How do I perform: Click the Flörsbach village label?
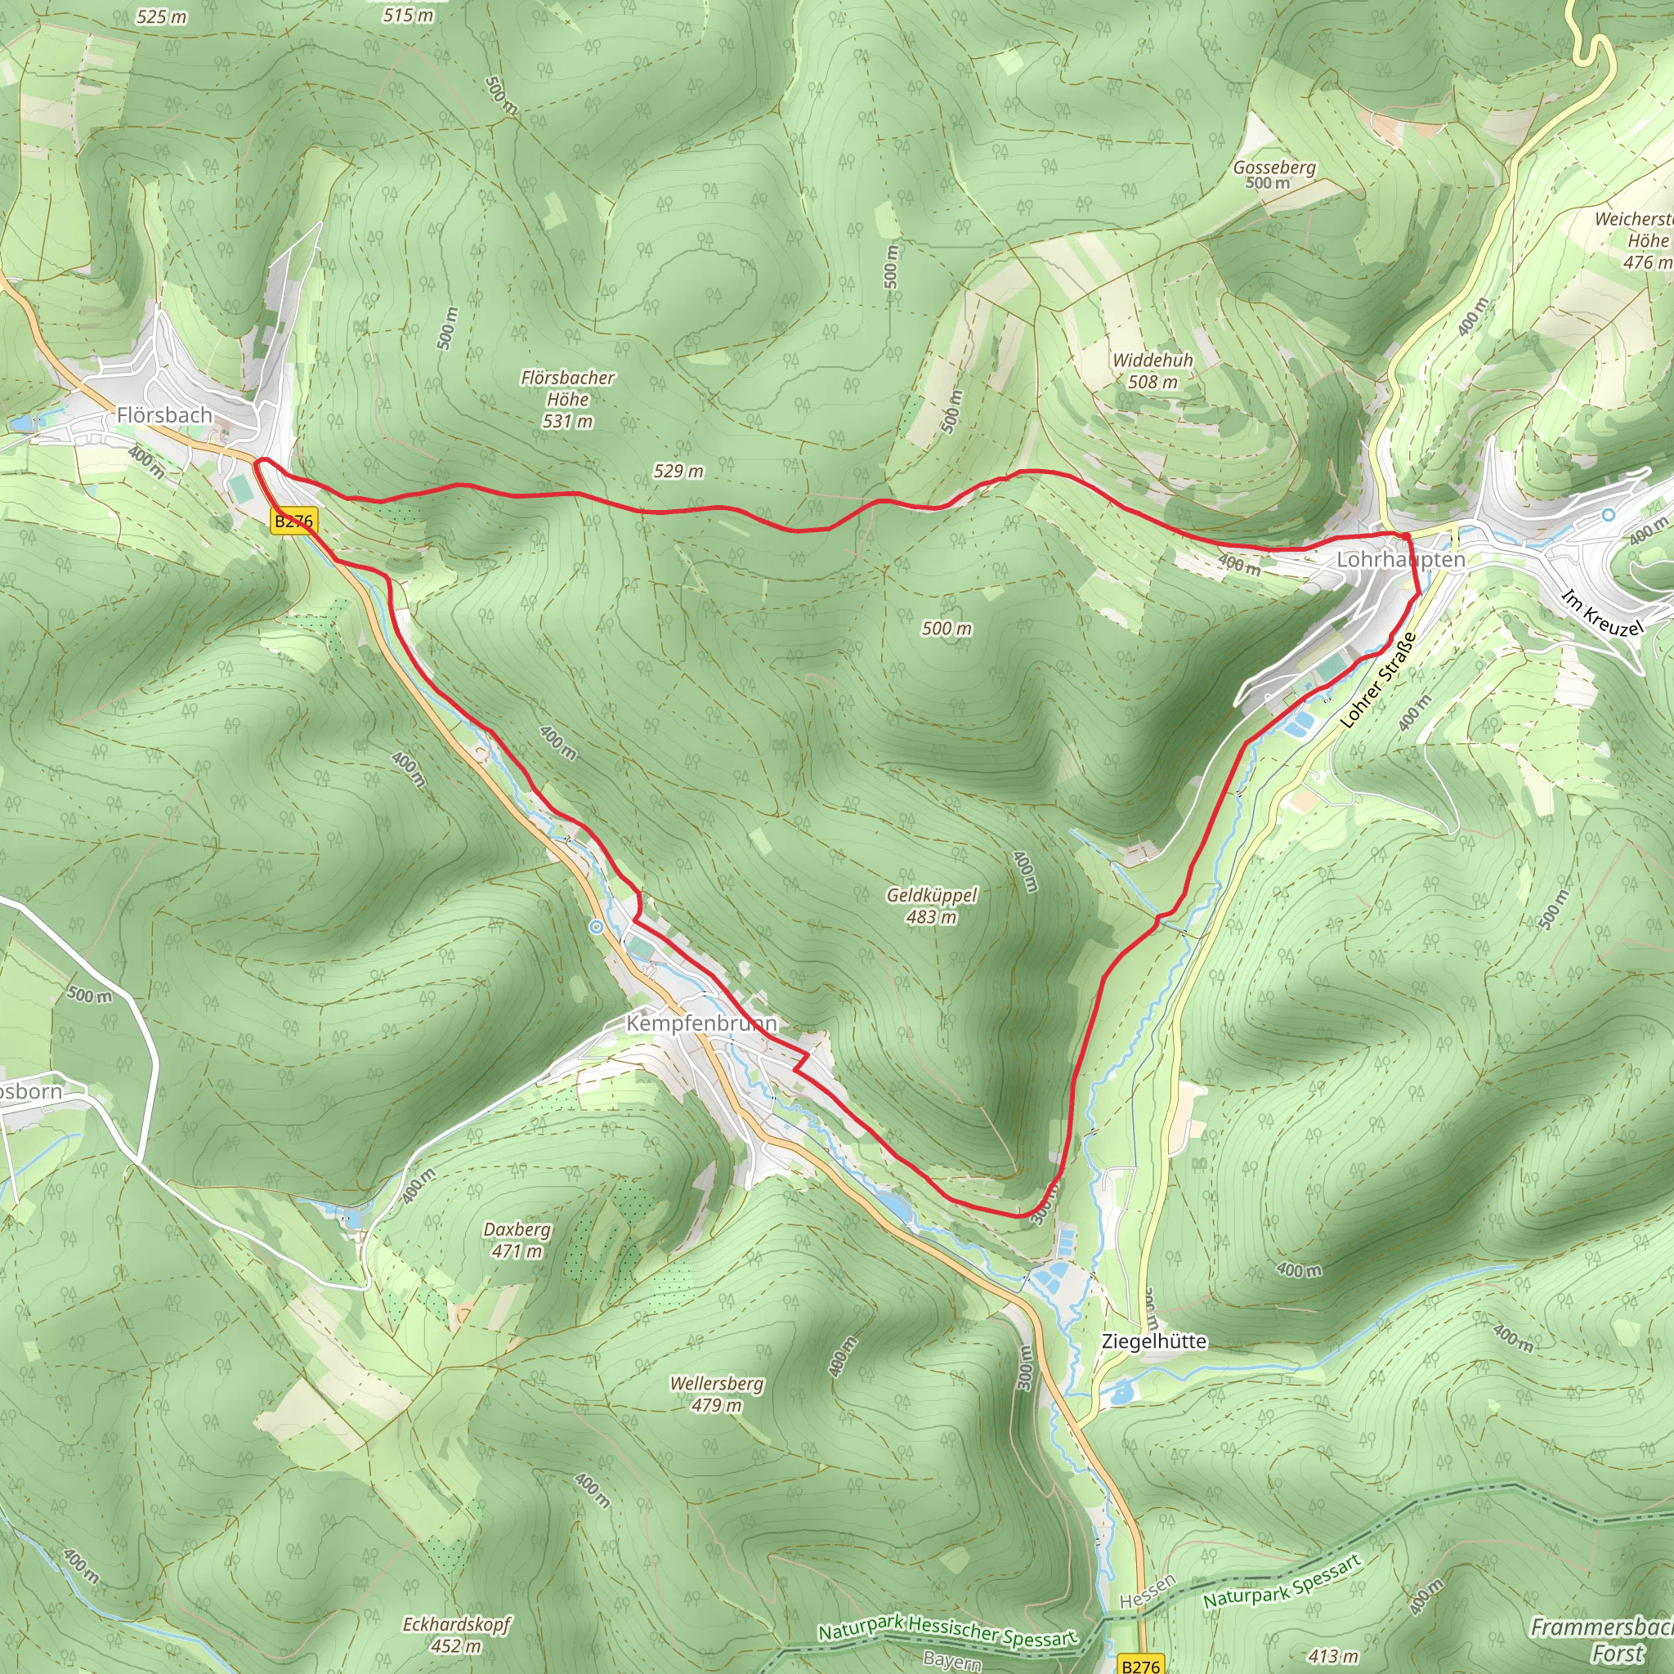tap(164, 415)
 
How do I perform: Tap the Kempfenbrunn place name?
tap(702, 1023)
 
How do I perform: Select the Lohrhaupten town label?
tap(1401, 560)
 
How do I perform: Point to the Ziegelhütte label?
tap(1153, 1341)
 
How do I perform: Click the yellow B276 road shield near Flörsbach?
tap(293, 521)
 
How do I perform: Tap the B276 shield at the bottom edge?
tap(1140, 1665)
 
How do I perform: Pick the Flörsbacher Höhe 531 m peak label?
tap(567, 400)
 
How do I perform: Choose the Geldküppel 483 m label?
tap(932, 906)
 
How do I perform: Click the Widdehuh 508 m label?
tap(1153, 371)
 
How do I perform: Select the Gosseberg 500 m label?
tap(1273, 174)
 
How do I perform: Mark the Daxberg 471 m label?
tap(517, 1240)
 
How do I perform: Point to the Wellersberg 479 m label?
tap(717, 1394)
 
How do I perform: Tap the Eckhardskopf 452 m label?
tap(457, 1634)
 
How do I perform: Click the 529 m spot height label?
tap(678, 472)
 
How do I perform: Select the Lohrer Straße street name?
tap(1377, 680)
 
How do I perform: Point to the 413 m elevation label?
tap(1333, 1656)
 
